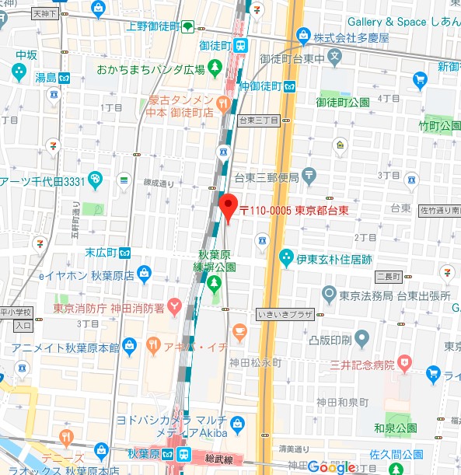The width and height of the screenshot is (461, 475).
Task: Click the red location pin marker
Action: (x=228, y=207)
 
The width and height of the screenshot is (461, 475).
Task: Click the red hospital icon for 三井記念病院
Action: (x=403, y=362)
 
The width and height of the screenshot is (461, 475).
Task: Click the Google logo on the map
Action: (x=332, y=466)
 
